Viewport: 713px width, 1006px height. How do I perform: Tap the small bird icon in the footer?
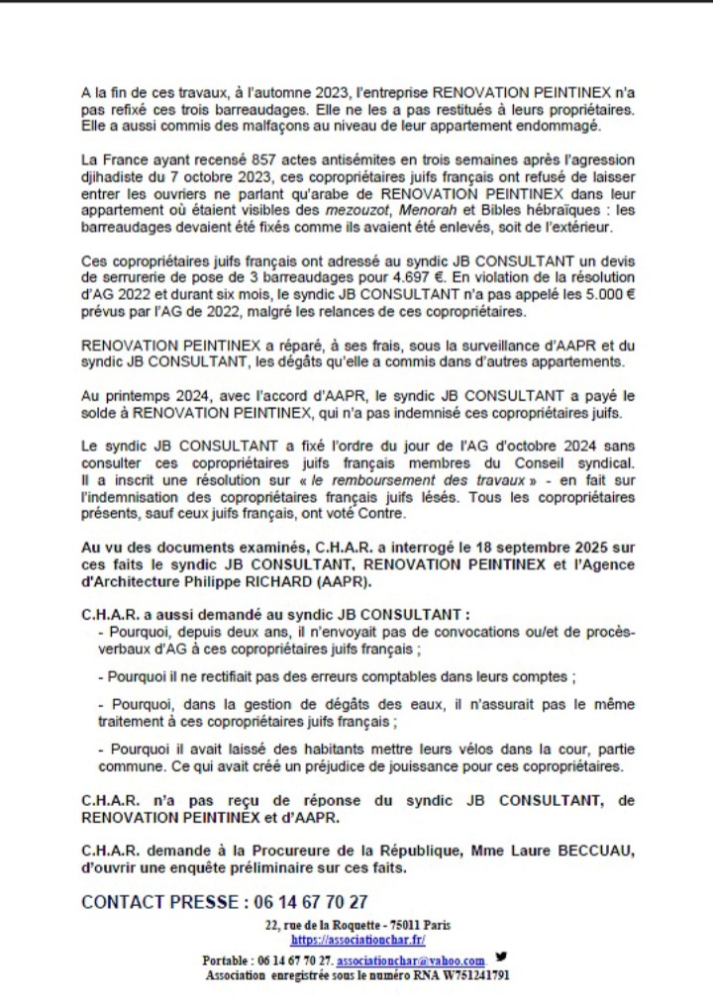[501, 957]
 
